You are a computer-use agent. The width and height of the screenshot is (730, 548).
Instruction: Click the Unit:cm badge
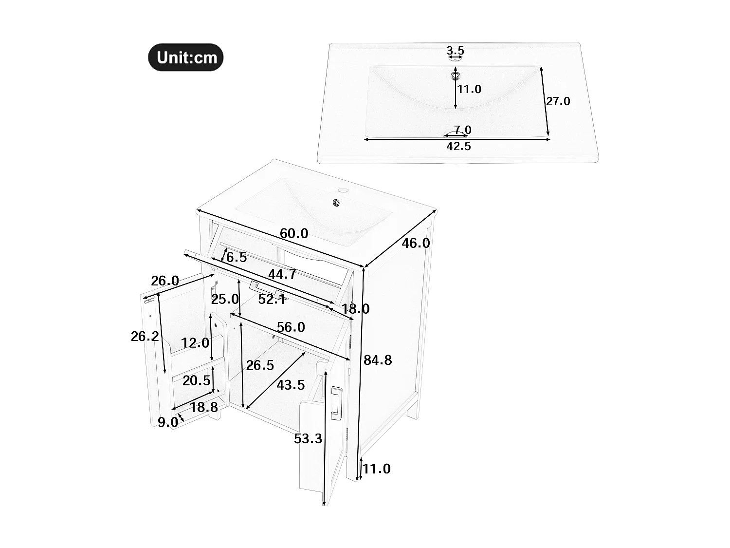click(186, 57)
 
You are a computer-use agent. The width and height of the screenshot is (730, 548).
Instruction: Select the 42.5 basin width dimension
click(459, 146)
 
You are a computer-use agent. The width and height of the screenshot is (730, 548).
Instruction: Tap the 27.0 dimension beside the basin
click(558, 101)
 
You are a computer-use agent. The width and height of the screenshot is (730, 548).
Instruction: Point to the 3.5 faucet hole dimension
click(456, 51)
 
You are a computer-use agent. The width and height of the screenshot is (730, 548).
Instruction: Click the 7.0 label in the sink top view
click(462, 130)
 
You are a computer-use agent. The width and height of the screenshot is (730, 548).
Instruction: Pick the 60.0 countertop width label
click(294, 234)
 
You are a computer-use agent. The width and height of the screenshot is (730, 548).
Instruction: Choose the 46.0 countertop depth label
click(416, 243)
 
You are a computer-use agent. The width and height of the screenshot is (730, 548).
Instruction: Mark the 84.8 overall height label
click(378, 360)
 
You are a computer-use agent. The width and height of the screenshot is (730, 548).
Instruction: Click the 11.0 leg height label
click(377, 469)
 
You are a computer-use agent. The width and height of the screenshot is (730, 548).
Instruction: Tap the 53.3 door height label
click(308, 439)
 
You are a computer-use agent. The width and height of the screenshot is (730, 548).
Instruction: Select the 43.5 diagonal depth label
click(291, 385)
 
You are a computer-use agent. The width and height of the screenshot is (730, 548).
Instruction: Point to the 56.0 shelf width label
click(291, 327)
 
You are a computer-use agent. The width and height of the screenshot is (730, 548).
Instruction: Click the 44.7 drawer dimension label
click(282, 274)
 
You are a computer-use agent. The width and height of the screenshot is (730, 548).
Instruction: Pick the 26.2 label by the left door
click(145, 336)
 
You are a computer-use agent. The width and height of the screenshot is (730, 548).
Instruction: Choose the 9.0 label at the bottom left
click(167, 422)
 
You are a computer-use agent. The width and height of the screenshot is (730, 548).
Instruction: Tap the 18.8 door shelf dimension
click(204, 407)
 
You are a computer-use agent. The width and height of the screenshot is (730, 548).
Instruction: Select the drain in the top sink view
click(456, 75)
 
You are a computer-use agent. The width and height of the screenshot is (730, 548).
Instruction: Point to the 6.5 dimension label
click(237, 258)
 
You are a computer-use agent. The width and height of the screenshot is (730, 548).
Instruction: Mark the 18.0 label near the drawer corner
click(355, 309)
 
